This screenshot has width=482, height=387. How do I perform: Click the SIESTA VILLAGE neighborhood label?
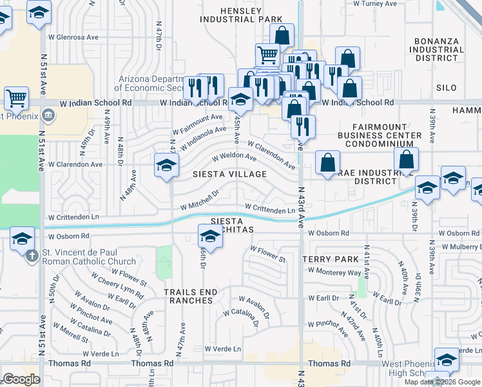(x=230, y=174)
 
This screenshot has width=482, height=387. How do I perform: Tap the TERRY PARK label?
(x=331, y=259)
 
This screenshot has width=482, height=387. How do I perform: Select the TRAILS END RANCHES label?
(x=191, y=297)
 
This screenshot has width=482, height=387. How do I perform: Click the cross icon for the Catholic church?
(x=32, y=255)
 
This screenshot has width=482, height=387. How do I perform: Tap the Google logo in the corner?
(x=21, y=379)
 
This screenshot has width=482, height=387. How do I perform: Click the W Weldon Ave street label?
(x=235, y=156)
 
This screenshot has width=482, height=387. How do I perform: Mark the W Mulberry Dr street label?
(x=457, y=246)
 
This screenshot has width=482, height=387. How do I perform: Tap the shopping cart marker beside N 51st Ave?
(x=16, y=99)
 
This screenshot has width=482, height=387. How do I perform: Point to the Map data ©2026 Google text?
(x=442, y=382)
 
